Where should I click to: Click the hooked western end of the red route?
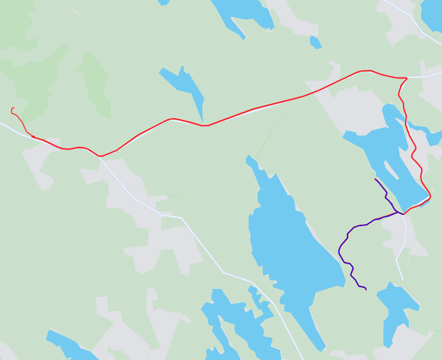(12, 108)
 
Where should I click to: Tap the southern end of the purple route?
(366, 289)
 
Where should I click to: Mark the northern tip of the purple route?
(375, 179)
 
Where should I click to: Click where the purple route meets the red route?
(403, 214)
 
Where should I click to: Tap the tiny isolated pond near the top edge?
(315, 42)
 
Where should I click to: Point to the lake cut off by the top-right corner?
(433, 14)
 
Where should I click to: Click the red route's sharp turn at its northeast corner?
(406, 78)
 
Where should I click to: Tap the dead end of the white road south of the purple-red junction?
(403, 279)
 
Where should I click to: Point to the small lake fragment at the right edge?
(434, 137)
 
